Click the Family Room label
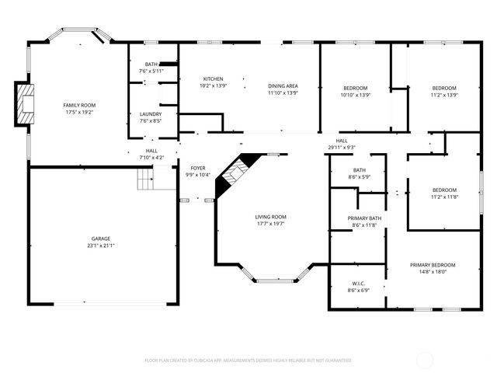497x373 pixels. (x=78, y=104)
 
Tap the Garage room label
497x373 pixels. (x=99, y=239)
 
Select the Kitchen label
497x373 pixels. (x=214, y=79)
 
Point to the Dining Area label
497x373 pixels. (x=283, y=86)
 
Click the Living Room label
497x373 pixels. (x=271, y=217)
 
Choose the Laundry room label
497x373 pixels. (x=151, y=114)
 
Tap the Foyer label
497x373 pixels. (x=198, y=168)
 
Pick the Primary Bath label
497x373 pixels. (x=364, y=218)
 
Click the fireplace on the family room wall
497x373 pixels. (x=26, y=103)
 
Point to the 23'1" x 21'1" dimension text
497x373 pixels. (x=99, y=246)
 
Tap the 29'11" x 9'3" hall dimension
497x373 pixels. (x=342, y=147)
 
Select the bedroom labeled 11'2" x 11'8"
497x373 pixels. (x=444, y=193)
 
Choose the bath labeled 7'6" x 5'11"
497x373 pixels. (x=151, y=68)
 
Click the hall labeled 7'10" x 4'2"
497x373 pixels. (x=151, y=154)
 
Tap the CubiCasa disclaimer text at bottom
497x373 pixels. (x=248, y=361)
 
